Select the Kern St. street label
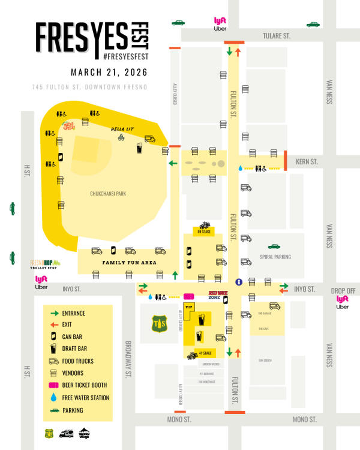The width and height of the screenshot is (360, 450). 307,161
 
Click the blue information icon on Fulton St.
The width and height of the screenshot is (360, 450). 238,281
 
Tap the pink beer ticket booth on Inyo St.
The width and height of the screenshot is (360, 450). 188,296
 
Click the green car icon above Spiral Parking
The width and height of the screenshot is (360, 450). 274,246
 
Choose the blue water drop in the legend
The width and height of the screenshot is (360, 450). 53,397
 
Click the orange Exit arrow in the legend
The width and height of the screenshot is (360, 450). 53,324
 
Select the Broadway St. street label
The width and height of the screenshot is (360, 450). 127,360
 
